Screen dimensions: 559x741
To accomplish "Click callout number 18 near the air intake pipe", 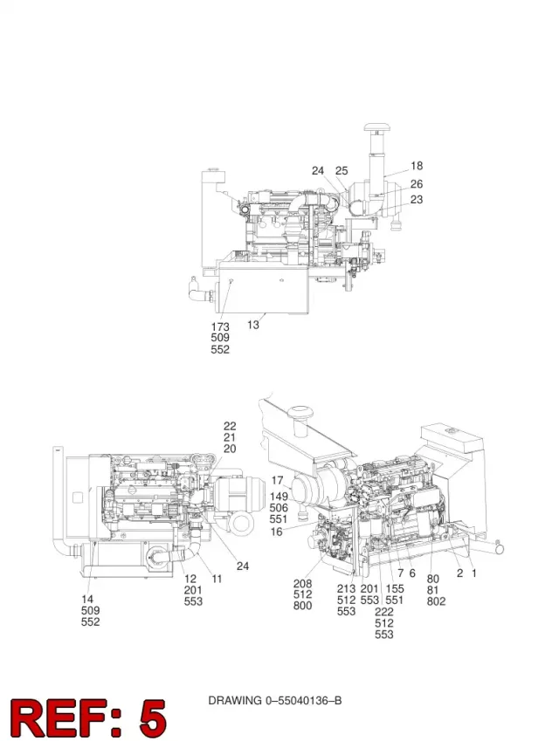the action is pyautogui.click(x=416, y=166).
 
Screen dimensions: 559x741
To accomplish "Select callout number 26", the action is pyautogui.click(x=416, y=184).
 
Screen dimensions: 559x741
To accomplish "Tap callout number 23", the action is pyautogui.click(x=416, y=199).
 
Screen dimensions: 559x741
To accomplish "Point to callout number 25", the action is pyautogui.click(x=342, y=170).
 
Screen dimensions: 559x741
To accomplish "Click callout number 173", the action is pyautogui.click(x=220, y=326).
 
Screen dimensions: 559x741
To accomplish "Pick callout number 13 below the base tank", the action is pyautogui.click(x=253, y=325).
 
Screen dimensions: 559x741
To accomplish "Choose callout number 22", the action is pyautogui.click(x=230, y=426).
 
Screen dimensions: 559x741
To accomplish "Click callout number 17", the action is pyautogui.click(x=277, y=481).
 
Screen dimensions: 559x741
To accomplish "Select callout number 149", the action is pyautogui.click(x=279, y=497).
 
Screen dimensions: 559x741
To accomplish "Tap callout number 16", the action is pyautogui.click(x=276, y=532).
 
